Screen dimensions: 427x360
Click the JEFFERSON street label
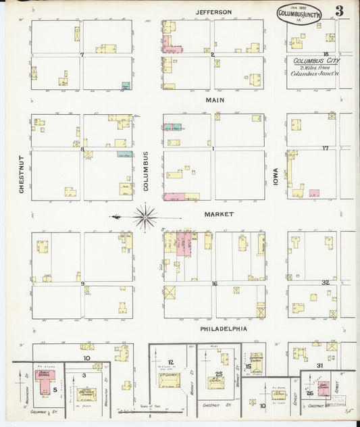(213, 12)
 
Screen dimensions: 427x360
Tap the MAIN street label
(214, 100)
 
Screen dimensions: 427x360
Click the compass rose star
(145, 217)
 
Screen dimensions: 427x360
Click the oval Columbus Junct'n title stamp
(299, 14)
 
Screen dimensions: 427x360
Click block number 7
(82, 55)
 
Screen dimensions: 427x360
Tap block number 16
(214, 284)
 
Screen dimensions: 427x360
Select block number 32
(325, 282)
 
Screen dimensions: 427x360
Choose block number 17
(325, 148)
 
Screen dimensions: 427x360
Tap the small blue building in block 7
(126, 85)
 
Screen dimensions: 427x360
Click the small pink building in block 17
(314, 193)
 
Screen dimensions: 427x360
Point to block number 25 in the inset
(219, 374)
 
